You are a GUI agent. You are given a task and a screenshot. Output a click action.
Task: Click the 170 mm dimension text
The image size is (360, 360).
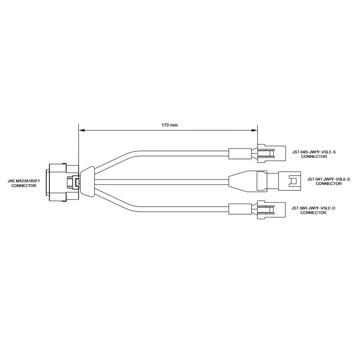[170, 125]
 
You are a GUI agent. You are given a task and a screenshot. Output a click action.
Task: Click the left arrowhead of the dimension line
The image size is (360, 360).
[82, 130]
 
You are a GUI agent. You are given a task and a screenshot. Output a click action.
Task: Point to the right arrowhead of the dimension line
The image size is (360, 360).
[254, 130]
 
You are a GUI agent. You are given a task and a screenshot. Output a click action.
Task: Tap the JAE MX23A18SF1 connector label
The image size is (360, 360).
[24, 183]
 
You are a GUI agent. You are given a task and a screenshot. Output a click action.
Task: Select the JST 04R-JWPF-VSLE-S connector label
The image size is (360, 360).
[314, 154]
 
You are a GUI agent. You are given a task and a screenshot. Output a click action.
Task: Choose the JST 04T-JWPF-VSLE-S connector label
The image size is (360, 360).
[328, 181]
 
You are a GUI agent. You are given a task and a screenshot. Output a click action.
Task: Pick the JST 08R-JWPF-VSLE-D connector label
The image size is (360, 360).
[313, 211]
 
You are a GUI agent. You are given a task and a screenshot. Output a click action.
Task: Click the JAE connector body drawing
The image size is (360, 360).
[63, 183]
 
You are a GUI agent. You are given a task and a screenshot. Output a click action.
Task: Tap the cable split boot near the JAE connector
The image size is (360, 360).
[87, 181]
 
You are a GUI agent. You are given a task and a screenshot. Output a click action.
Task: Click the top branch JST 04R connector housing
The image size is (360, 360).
[271, 153]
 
